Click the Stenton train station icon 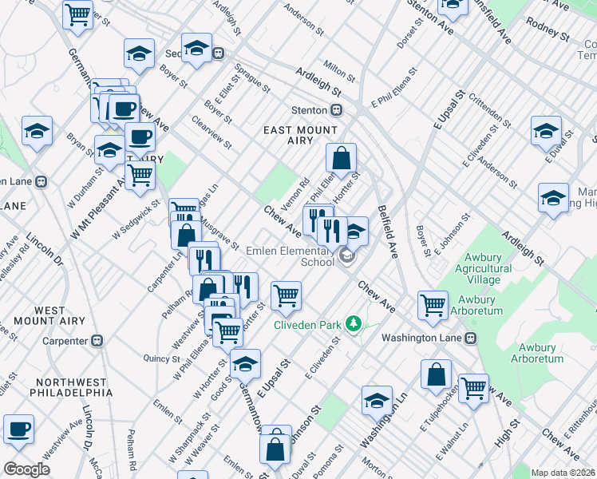pos(338,110)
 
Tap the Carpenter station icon pos(97,341)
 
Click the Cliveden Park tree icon pos(352,324)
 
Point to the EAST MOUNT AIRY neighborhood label pos(301,137)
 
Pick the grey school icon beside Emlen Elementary pos(346,256)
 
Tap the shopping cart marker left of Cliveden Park pos(286,296)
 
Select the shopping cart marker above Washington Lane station pos(433,304)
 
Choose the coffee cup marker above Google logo pos(19,429)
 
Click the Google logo pos(26,469)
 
